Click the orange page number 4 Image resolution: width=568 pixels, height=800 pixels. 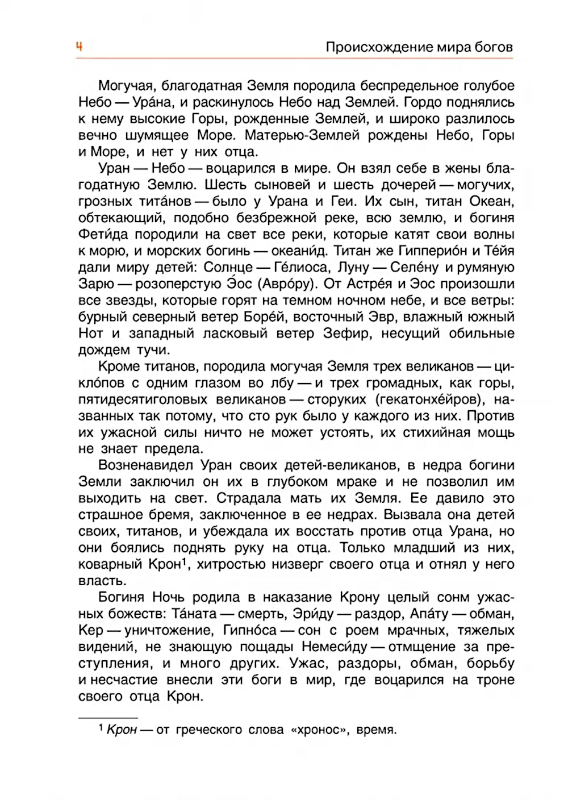[x=80, y=47]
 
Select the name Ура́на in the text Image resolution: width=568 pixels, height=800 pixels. [x=152, y=103]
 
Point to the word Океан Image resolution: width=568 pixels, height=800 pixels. [x=491, y=202]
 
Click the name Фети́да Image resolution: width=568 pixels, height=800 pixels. [x=103, y=235]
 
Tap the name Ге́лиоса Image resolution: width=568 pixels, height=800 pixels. [x=301, y=268]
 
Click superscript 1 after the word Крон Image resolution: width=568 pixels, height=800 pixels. [x=185, y=562]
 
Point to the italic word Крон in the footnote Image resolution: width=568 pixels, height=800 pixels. [x=122, y=730]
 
